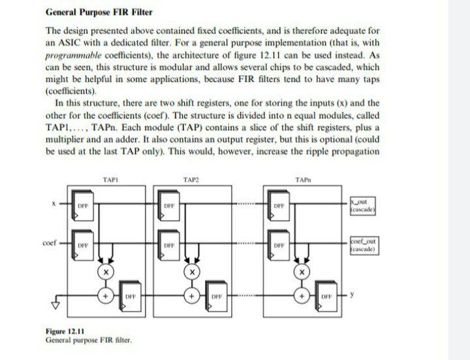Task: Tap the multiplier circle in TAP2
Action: (x=191, y=270)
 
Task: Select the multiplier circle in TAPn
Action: (x=302, y=270)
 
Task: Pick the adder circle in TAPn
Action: (x=302, y=296)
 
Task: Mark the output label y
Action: (x=352, y=295)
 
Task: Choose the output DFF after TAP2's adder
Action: (x=213, y=296)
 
